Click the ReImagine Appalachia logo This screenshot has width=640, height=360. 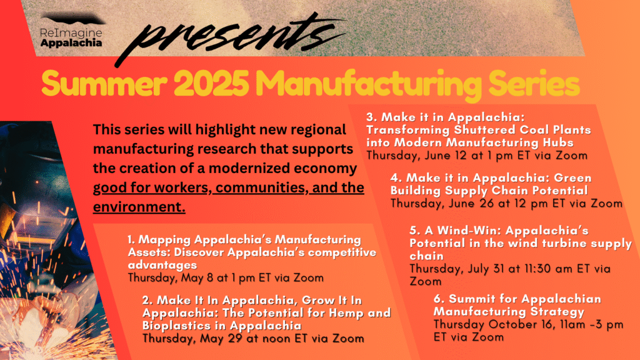click(x=71, y=31)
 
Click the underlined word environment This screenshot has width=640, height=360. click(x=139, y=207)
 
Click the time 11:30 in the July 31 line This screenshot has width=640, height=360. click(x=531, y=269)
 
